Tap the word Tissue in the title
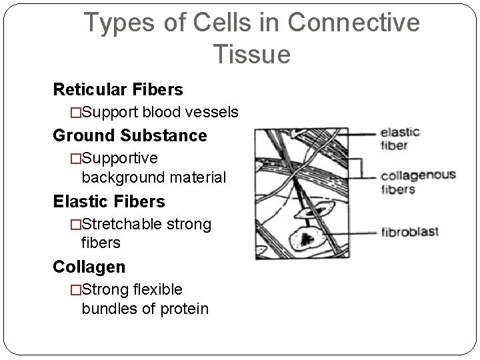coord(253,54)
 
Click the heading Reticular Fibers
coord(118,89)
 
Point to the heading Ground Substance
coord(130,135)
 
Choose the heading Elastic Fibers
coord(109,201)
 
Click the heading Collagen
coord(89,267)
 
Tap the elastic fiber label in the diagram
coord(400,137)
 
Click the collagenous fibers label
coord(417,182)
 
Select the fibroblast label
coord(409,233)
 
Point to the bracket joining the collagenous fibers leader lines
coord(363,167)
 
